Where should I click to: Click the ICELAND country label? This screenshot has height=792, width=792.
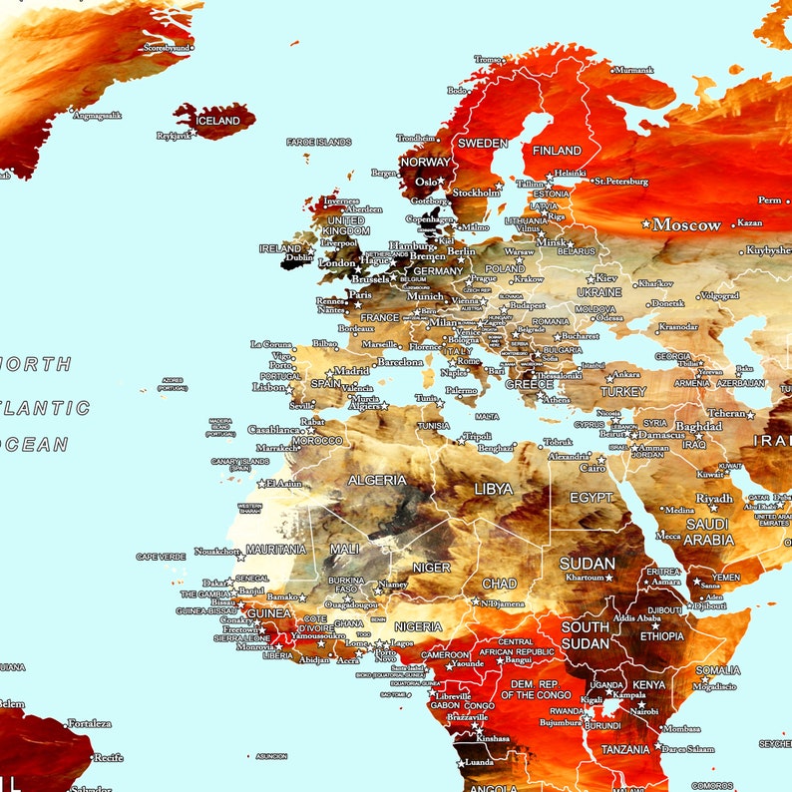(x=217, y=121)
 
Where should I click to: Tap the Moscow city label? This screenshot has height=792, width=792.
(x=686, y=224)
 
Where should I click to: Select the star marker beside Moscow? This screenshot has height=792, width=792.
(x=646, y=224)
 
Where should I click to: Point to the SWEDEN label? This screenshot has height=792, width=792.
(x=483, y=143)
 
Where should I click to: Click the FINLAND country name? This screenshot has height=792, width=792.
(x=557, y=151)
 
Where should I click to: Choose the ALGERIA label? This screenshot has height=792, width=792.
(x=376, y=480)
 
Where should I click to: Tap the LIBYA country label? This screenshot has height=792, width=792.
(x=494, y=489)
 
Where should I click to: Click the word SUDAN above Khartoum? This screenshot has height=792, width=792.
(x=588, y=564)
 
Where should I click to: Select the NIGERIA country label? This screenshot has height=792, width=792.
(x=418, y=626)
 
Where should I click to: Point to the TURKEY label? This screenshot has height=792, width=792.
(x=623, y=392)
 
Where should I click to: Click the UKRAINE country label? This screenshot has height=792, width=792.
(x=598, y=292)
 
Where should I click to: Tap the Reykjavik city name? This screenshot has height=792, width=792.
(x=174, y=136)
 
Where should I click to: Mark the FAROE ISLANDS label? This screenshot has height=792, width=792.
(x=319, y=143)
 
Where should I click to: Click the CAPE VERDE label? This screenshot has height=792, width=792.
(x=161, y=557)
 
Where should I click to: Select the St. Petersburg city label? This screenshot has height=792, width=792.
(x=621, y=182)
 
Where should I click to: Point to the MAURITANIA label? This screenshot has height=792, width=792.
(x=275, y=550)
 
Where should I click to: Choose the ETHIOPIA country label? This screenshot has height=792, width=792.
(x=662, y=635)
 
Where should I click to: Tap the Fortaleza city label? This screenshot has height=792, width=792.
(x=89, y=723)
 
